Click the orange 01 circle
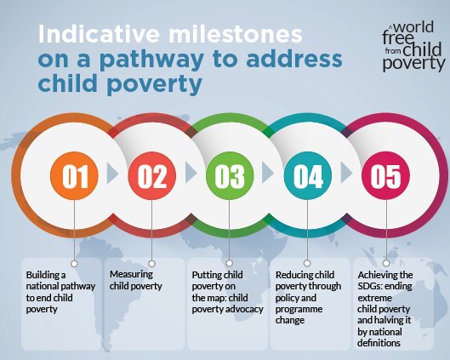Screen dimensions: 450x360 (74, 175)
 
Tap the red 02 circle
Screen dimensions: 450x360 (151, 175)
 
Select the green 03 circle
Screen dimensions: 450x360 (230, 175)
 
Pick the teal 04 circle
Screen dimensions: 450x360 (308, 175)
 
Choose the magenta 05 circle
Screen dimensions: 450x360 (385, 175)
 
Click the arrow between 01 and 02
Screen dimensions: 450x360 (112, 173)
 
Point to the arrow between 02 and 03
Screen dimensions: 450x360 (191, 173)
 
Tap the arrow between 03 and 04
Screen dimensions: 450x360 (268, 173)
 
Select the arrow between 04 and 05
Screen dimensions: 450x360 (346, 173)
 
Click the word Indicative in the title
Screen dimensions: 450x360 (99, 34)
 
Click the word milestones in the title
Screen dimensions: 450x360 (236, 34)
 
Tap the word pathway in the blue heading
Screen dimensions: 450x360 (152, 60)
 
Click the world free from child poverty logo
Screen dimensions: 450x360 (413, 47)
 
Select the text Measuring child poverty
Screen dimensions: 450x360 (136, 280)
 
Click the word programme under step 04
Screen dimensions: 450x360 (299, 310)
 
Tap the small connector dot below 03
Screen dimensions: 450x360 (229, 263)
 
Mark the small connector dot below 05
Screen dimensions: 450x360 (386, 263)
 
